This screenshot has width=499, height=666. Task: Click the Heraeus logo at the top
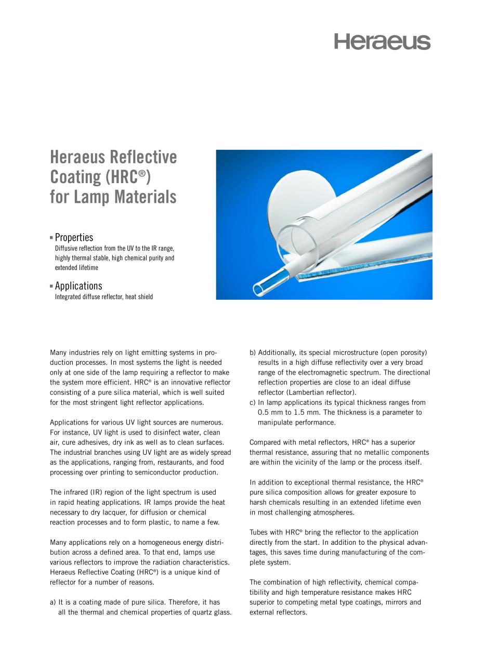[x=382, y=42]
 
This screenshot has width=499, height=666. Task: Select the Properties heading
[x=74, y=238]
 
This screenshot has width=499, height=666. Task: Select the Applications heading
[x=78, y=286]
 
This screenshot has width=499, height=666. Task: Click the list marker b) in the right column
[x=253, y=352]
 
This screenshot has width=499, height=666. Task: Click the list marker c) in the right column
[x=253, y=402]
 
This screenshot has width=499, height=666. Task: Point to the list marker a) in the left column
[x=53, y=602]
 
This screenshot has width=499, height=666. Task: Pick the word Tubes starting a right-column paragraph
[x=259, y=532]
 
